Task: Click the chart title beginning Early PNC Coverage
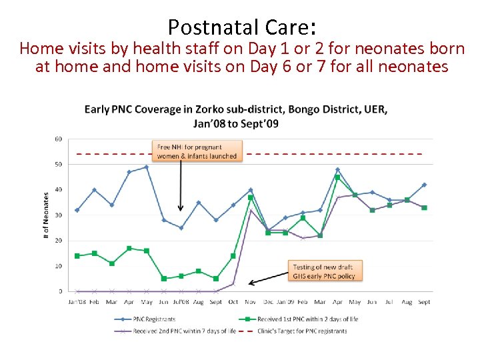coord(235,116)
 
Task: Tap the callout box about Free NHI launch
coord(196,151)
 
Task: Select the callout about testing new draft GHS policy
coord(323,272)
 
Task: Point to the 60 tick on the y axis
coord(59,139)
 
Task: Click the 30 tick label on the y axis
coord(59,215)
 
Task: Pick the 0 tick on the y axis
coord(60,291)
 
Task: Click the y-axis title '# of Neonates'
coord(46,217)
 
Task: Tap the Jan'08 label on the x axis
coord(77,302)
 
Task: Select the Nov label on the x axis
coord(251,302)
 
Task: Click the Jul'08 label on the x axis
coord(181,302)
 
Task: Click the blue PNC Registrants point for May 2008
coord(146,167)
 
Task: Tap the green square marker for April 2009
coord(337,177)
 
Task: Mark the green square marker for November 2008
coord(251,197)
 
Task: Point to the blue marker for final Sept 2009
coord(424,185)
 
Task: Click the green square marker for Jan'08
coord(77,255)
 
